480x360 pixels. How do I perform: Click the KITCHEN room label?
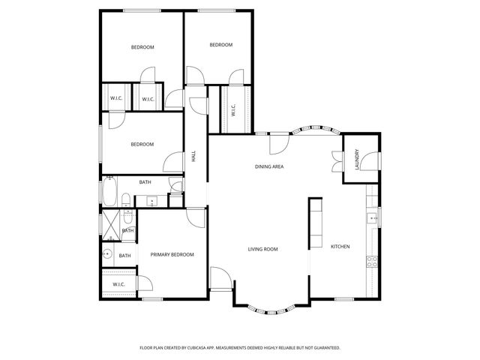pos(340,247)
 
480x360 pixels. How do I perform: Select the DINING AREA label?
pos(268,166)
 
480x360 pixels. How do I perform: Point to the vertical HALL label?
pos(193,157)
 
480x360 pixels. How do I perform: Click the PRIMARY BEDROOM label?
pos(172,255)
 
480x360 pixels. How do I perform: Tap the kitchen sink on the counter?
pos(370,218)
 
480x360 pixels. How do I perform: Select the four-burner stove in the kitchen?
pos(370,261)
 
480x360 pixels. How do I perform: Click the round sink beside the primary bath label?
pos(109,253)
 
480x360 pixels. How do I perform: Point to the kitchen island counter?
pos(315,223)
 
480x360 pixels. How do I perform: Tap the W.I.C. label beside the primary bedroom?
pos(118,284)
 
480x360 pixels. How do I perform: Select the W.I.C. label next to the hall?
pos(232,110)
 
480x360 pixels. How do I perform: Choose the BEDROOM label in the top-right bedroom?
pos(220,45)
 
